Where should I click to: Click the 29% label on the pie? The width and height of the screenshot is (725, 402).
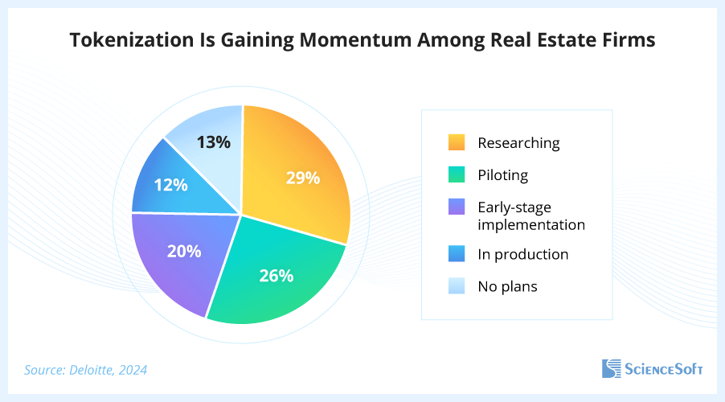[x=303, y=177]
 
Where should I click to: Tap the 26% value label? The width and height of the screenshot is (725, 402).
[x=276, y=276]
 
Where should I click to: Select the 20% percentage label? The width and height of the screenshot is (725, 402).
[x=184, y=251]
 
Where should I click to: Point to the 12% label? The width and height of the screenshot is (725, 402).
[x=170, y=185]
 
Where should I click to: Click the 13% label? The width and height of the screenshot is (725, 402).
[x=214, y=142]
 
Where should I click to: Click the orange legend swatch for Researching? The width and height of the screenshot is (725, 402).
[x=457, y=143]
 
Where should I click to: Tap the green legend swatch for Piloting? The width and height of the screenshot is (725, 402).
[x=457, y=174]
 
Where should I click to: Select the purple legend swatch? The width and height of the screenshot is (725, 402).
[x=457, y=207]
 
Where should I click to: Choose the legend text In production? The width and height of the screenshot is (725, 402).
[x=522, y=254]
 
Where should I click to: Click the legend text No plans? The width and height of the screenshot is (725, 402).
[x=507, y=285]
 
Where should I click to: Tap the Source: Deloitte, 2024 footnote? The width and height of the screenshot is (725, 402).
[x=86, y=370]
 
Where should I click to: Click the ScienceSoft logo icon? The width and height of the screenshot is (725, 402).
[x=612, y=369]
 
